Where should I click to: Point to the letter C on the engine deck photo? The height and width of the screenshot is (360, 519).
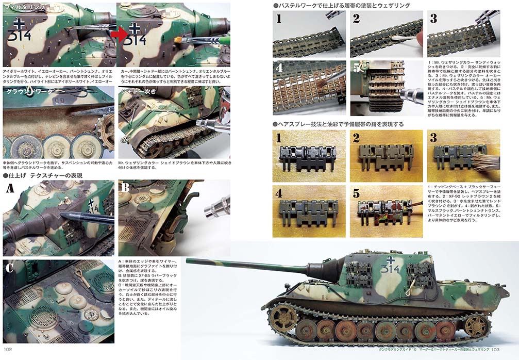(10, 268)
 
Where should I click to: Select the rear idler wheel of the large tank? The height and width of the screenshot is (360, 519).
(477, 325)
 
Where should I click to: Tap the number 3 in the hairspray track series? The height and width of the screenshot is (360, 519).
(433, 138)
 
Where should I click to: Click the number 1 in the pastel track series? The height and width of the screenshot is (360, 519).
(279, 19)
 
